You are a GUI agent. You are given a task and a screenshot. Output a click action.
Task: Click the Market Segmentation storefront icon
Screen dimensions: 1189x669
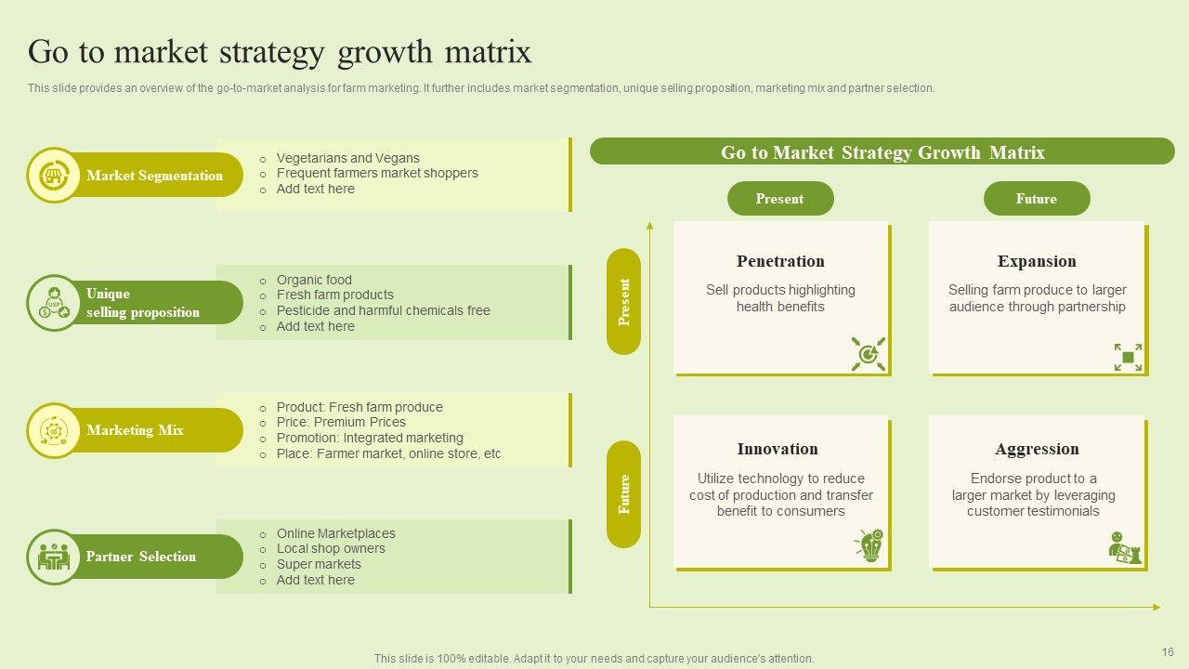[x=54, y=175]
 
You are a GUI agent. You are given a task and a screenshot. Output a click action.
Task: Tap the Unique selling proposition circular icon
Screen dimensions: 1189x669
[x=54, y=302]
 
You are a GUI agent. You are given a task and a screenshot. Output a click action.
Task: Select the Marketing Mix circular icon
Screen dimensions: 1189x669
[x=54, y=430]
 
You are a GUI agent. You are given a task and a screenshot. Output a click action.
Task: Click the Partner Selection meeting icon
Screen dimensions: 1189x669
[x=54, y=557]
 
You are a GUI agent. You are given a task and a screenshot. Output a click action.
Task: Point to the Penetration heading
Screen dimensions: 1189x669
[x=780, y=261]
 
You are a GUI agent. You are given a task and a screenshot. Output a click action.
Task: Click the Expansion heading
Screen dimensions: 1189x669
[x=1037, y=261]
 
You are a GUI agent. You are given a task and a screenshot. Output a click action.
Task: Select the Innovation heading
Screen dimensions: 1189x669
[x=777, y=449]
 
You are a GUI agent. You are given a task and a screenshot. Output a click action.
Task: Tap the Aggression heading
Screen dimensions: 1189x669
[x=1037, y=449]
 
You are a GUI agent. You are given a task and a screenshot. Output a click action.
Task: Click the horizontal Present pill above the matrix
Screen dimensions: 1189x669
[x=779, y=199]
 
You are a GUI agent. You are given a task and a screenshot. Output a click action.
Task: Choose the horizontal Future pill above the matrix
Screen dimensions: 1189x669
[x=1036, y=199]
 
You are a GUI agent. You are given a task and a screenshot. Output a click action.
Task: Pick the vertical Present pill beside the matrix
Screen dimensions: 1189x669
[x=624, y=302]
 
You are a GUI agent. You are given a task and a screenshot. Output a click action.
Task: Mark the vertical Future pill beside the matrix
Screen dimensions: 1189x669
[x=624, y=494]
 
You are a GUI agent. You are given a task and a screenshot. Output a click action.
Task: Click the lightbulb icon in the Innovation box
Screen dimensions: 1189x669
[x=869, y=545]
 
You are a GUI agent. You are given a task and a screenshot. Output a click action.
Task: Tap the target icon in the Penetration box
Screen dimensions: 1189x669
[x=869, y=354]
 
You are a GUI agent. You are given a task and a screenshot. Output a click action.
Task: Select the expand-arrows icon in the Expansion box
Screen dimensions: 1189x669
[x=1128, y=357]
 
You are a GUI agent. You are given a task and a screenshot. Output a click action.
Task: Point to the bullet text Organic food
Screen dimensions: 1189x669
[x=314, y=280]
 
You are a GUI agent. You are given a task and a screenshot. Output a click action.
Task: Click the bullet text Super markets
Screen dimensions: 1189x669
[x=319, y=564]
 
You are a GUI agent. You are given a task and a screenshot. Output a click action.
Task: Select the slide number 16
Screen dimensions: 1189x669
[x=1168, y=651]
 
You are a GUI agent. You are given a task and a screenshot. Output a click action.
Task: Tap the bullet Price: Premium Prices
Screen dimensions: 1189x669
[x=341, y=422]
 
